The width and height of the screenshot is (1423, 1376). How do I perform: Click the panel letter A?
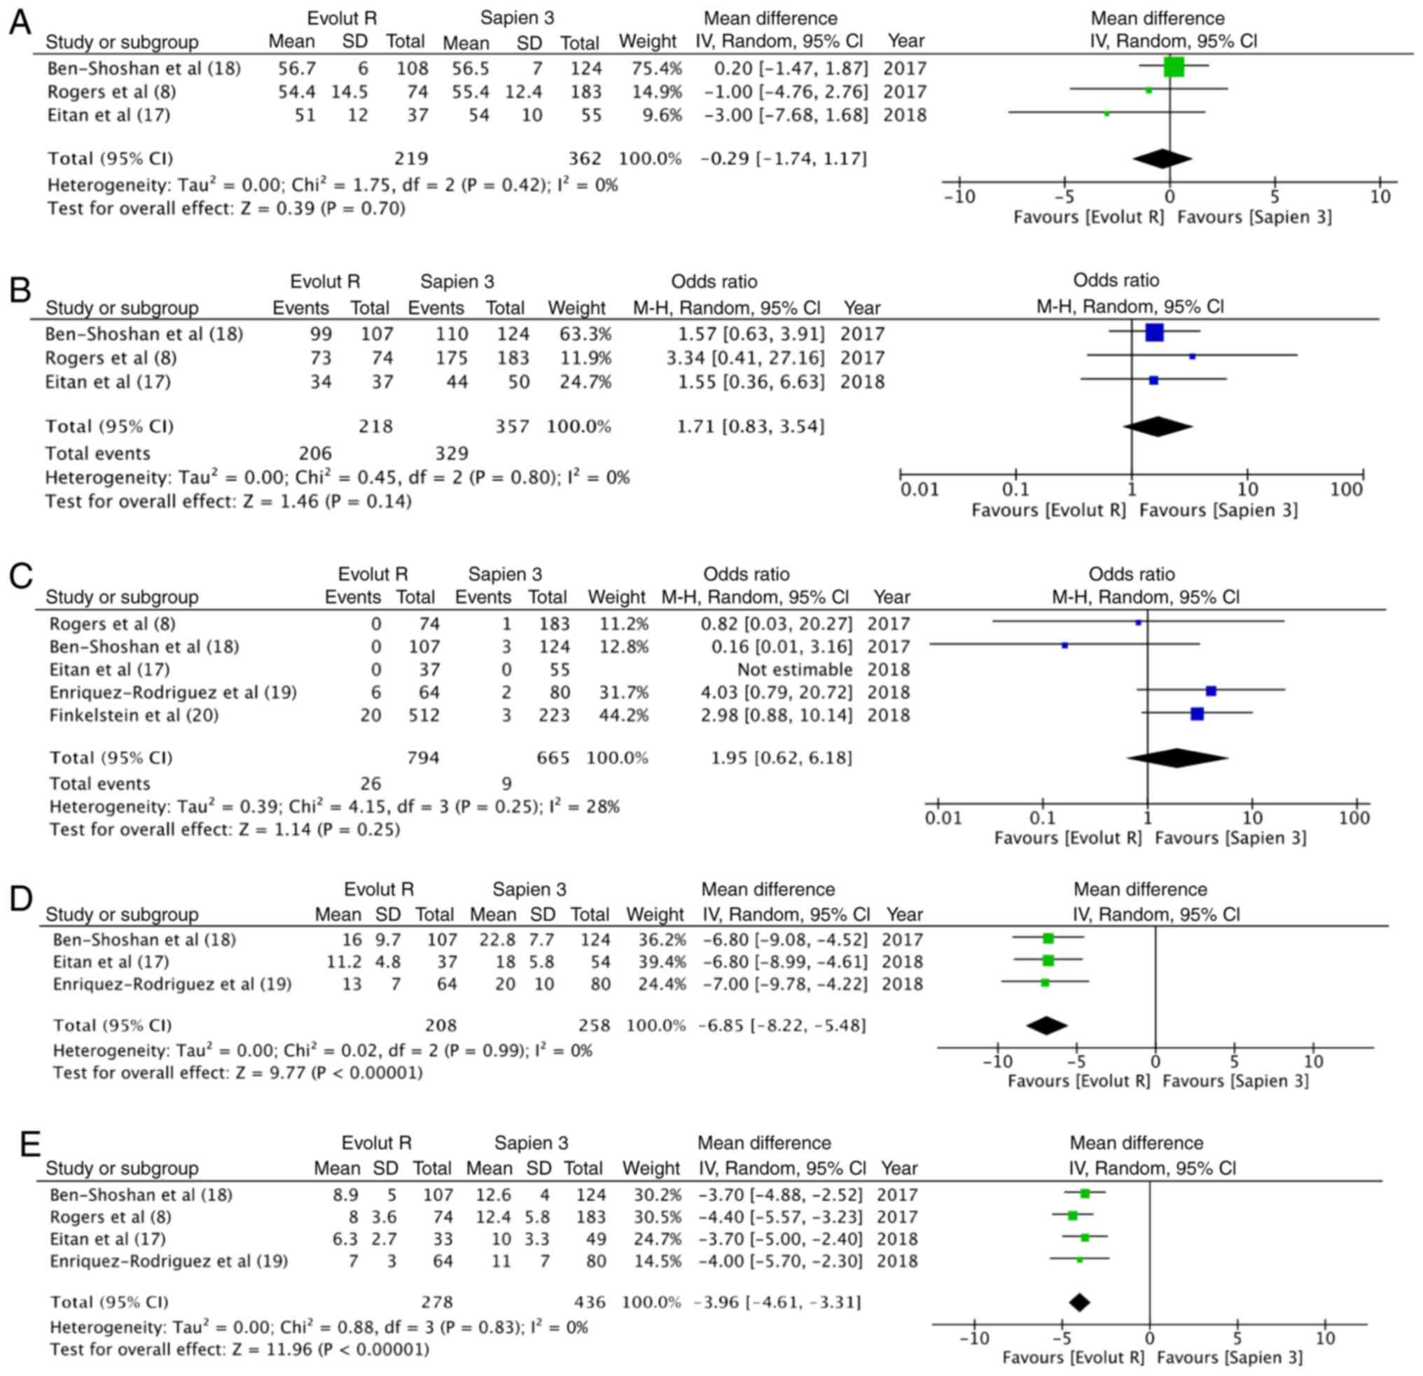point(20,23)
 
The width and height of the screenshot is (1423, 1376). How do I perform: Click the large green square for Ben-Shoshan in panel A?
point(1173,66)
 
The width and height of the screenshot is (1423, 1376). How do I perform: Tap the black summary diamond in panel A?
point(1162,158)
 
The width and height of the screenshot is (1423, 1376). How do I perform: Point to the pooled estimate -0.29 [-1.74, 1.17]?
point(784,158)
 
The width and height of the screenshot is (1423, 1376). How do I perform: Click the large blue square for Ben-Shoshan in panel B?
point(1153,333)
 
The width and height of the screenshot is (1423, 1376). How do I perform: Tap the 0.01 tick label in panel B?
point(919,490)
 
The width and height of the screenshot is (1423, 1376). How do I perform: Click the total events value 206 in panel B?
point(315,454)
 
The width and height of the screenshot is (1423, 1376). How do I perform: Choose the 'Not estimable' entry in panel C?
point(794,669)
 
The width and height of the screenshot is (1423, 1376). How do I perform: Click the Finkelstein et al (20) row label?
point(134,715)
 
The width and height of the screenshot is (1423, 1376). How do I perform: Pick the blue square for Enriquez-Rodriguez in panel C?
point(1210,691)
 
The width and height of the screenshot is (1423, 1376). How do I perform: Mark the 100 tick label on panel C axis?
point(1354,819)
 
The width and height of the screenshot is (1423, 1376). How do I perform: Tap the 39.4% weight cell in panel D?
point(656,962)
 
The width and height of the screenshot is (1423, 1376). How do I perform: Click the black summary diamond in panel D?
point(1047,1025)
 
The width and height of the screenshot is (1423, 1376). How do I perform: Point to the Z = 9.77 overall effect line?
point(237,1073)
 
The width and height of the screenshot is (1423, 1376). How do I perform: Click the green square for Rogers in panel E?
point(1072,1216)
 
